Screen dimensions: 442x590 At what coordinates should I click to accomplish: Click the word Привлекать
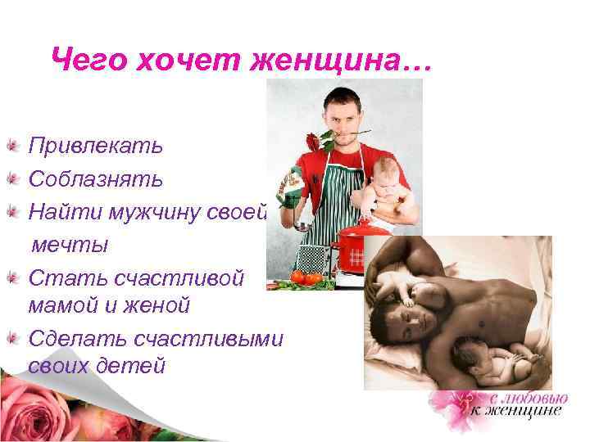click(96, 147)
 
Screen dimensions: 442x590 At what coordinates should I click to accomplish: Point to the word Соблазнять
click(96, 178)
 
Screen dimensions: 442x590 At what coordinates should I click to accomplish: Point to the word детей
click(135, 365)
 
